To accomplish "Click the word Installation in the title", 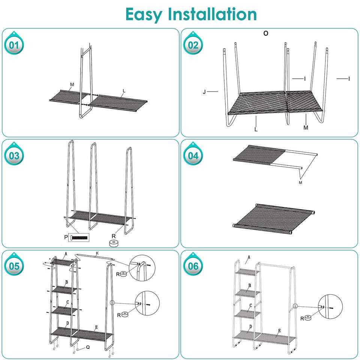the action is [x=212, y=14].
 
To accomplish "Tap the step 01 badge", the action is [x=14, y=46].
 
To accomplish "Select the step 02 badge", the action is [x=193, y=46].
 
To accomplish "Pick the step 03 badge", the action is [x=14, y=155].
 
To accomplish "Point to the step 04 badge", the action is [x=193, y=155].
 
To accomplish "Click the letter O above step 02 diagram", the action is [x=265, y=33].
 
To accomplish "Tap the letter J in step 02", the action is [x=204, y=91].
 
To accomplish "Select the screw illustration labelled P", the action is [x=79, y=237].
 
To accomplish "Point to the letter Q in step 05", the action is [x=88, y=347].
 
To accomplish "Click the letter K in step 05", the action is [x=97, y=254].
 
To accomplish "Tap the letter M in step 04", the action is [x=300, y=183].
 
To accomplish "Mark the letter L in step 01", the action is [x=123, y=91].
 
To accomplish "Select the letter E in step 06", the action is [x=279, y=331].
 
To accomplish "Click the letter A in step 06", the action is [x=249, y=257].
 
